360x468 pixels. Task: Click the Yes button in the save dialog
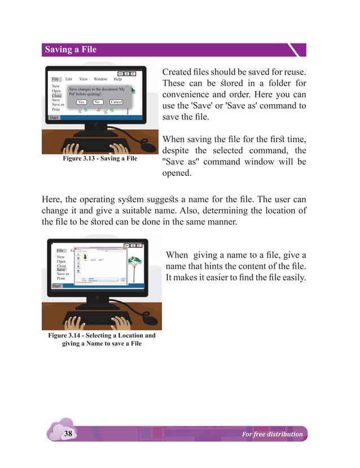tap(81, 102)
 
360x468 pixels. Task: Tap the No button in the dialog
tap(96, 102)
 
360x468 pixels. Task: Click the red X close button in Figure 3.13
tap(133, 74)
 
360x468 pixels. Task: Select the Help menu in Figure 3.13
tap(117, 80)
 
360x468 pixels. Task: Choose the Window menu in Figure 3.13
tap(100, 80)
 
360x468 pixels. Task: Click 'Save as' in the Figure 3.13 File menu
tap(58, 104)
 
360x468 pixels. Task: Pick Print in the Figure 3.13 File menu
tap(56, 109)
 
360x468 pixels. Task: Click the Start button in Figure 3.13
tap(54, 118)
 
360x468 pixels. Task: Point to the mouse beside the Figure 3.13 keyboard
tap(148, 145)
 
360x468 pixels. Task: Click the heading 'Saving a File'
tap(71, 50)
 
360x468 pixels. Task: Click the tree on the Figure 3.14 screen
tap(134, 263)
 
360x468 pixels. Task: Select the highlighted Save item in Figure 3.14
tap(61, 270)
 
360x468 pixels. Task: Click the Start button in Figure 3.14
tap(56, 286)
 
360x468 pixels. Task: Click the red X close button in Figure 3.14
tap(138, 245)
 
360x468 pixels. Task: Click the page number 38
tap(68, 434)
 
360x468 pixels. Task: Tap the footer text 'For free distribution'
tap(271, 434)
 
